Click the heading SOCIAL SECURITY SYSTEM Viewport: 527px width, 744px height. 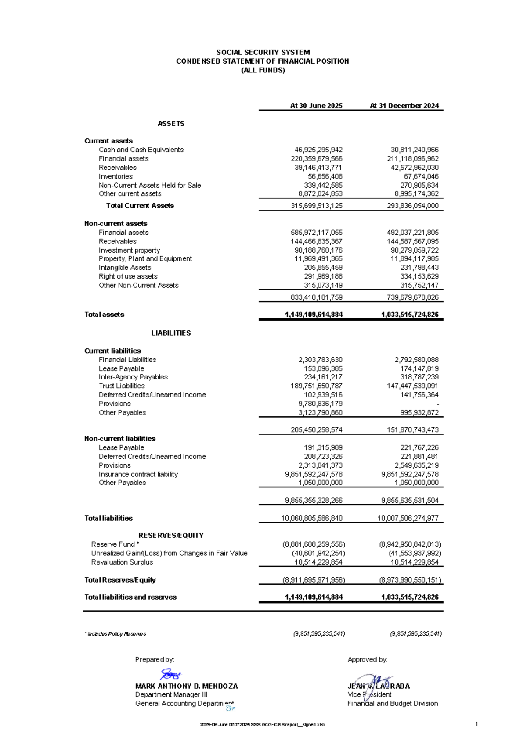click(263, 52)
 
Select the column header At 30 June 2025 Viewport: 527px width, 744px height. click(316, 106)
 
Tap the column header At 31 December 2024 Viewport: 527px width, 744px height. click(404, 106)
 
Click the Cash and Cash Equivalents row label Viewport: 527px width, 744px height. click(141, 150)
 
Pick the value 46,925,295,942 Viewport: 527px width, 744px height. click(318, 150)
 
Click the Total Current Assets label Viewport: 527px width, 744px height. click(140, 206)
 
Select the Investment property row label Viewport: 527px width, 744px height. click(129, 250)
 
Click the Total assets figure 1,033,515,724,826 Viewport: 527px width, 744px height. click(409, 315)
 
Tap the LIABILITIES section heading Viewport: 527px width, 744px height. click(171, 333)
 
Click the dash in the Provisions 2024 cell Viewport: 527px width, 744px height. click(437, 404)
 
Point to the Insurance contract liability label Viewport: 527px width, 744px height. click(138, 474)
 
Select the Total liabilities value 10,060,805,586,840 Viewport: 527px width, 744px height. click(311, 518)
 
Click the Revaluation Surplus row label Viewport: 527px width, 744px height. click(122, 562)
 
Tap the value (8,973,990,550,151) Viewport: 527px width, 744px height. click(410, 580)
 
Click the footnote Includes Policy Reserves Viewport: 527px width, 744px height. click(116, 634)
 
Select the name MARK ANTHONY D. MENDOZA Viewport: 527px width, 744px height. click(186, 686)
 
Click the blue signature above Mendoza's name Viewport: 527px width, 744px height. click(170, 674)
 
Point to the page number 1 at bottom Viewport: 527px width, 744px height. click(476, 724)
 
